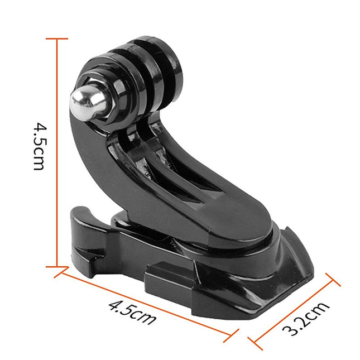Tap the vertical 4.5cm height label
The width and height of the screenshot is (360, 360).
[39, 147]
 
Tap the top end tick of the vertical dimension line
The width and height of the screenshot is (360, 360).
[57, 39]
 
